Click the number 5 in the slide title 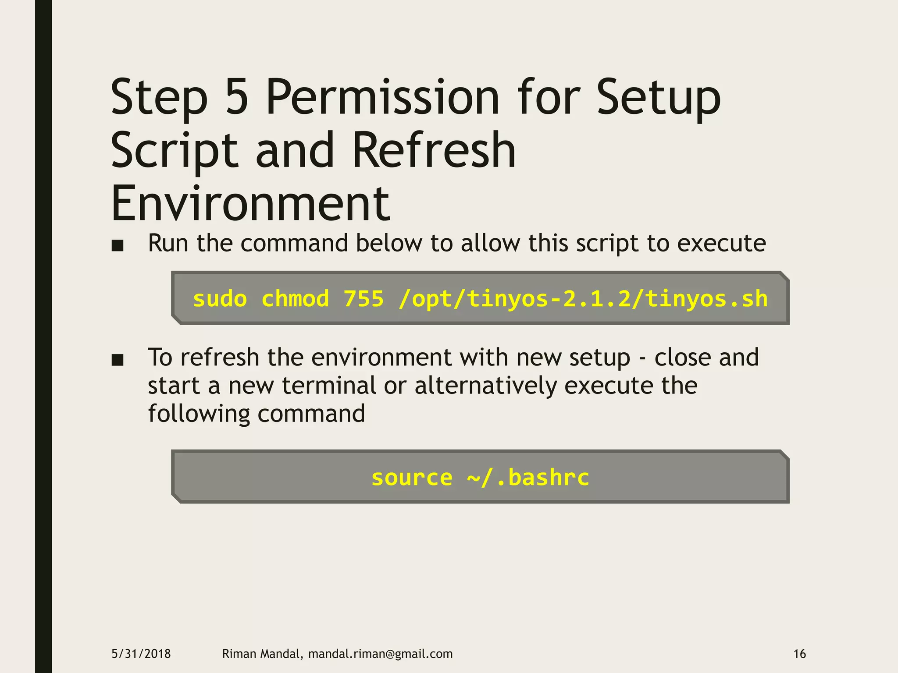click(237, 97)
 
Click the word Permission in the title click(382, 97)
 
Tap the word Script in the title click(175, 152)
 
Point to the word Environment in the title click(250, 204)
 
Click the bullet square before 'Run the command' click(118, 245)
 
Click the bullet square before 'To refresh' click(118, 360)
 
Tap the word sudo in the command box click(220, 299)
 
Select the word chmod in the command click(295, 299)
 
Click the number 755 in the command click(363, 299)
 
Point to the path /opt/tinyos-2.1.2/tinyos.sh click(583, 300)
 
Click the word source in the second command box click(412, 478)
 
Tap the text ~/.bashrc click(528, 478)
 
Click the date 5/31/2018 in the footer click(141, 654)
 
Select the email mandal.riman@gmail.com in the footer click(380, 654)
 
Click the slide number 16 click(800, 654)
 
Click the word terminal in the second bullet click(329, 386)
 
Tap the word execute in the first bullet click(721, 243)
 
